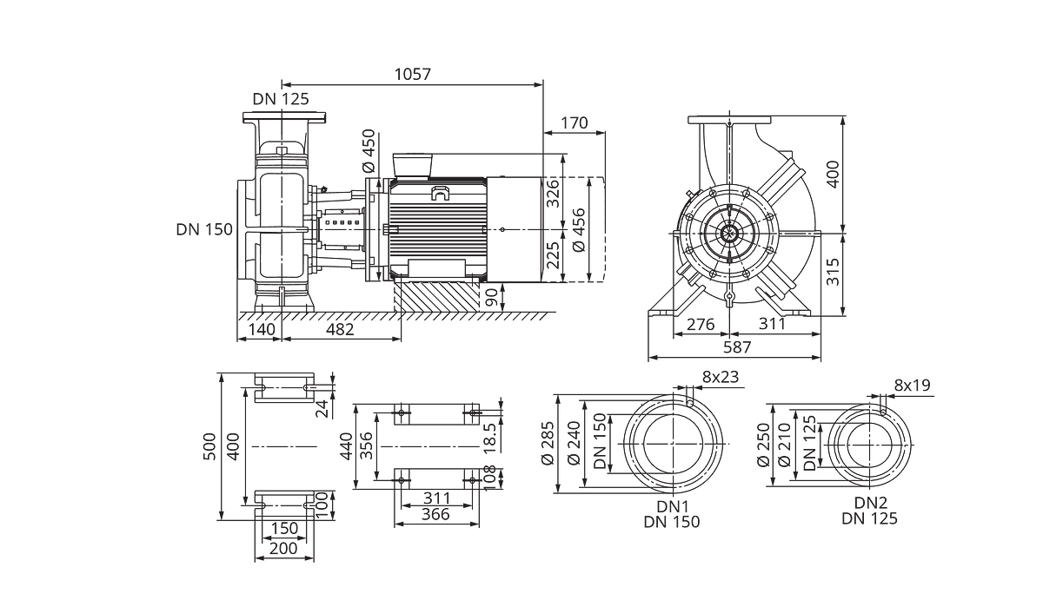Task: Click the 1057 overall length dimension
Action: (413, 75)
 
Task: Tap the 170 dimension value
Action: (575, 122)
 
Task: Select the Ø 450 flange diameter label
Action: (368, 151)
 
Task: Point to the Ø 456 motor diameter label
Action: (578, 230)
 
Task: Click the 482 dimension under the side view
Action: (340, 329)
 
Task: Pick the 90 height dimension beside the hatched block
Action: (492, 298)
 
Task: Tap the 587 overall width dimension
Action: (738, 347)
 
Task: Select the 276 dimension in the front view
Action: (701, 324)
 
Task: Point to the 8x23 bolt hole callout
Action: (721, 377)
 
